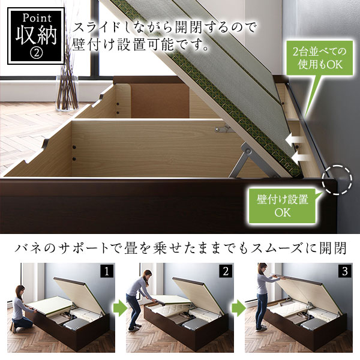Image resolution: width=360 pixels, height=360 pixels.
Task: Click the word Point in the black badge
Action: click(34, 16)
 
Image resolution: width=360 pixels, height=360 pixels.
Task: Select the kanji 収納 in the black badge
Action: click(34, 35)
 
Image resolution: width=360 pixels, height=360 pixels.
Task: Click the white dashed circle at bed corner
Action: click(338, 179)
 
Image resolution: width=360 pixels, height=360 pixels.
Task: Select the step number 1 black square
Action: click(106, 271)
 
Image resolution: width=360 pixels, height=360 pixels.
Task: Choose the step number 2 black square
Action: click(226, 271)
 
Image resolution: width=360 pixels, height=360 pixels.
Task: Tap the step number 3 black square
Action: click(344, 271)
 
